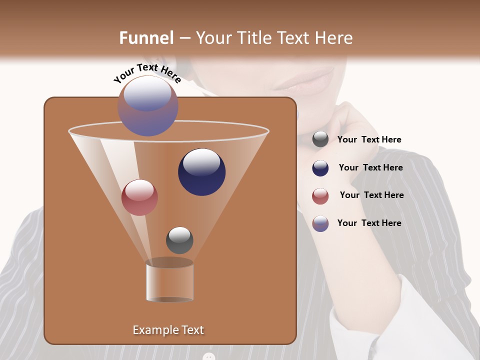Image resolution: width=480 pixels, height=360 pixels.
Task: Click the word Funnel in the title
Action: click(146, 38)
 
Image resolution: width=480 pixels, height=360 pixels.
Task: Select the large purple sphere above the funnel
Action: click(148, 105)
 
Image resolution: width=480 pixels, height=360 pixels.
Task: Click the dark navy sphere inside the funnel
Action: click(201, 172)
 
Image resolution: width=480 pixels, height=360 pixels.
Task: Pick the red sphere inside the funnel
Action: click(139, 197)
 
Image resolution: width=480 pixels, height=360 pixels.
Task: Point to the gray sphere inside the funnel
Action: click(179, 240)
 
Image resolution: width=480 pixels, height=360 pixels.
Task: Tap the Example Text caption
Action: click(168, 330)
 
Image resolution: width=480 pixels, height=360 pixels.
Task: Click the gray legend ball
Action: click(320, 139)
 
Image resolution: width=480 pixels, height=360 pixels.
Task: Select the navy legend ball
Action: click(320, 168)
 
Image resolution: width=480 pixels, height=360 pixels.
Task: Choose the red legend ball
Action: click(320, 196)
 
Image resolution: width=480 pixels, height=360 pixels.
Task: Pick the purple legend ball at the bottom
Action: click(320, 223)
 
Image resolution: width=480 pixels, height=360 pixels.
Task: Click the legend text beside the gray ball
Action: click(369, 140)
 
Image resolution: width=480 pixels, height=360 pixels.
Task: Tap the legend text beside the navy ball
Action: click(370, 168)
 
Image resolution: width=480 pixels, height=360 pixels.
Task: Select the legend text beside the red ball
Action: click(371, 195)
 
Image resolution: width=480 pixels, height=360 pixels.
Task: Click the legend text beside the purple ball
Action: click(369, 223)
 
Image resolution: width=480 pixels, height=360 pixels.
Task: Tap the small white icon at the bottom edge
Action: click(209, 356)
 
